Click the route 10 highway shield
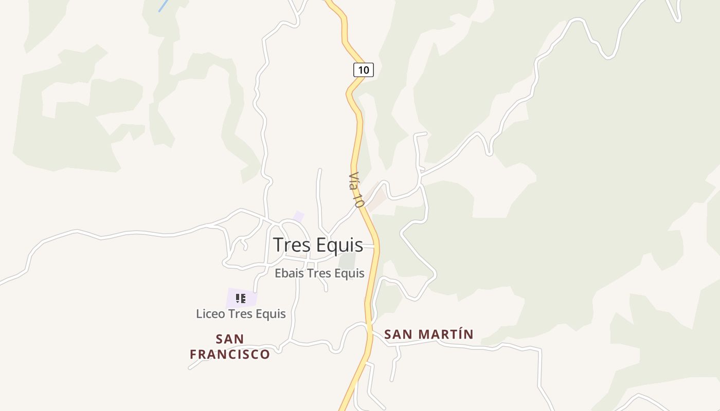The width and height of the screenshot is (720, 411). [364, 70]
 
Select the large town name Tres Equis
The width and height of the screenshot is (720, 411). [318, 245]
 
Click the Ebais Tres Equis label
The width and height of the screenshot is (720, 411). [319, 273]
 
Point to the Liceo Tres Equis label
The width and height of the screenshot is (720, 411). [241, 313]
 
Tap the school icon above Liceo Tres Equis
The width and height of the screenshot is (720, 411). [241, 298]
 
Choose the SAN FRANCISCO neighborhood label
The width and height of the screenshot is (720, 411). [230, 347]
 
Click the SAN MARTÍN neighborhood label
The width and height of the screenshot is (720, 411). [428, 334]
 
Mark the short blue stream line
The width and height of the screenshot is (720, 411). [164, 6]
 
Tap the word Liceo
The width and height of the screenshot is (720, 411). [210, 313]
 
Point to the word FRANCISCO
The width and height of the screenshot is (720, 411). [230, 354]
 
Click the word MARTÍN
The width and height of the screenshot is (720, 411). [445, 334]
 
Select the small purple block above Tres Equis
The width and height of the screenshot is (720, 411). [298, 216]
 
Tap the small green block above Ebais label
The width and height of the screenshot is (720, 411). [348, 261]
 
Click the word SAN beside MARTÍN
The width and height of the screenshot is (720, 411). [398, 334]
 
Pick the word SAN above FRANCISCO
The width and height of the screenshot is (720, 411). [230, 339]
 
